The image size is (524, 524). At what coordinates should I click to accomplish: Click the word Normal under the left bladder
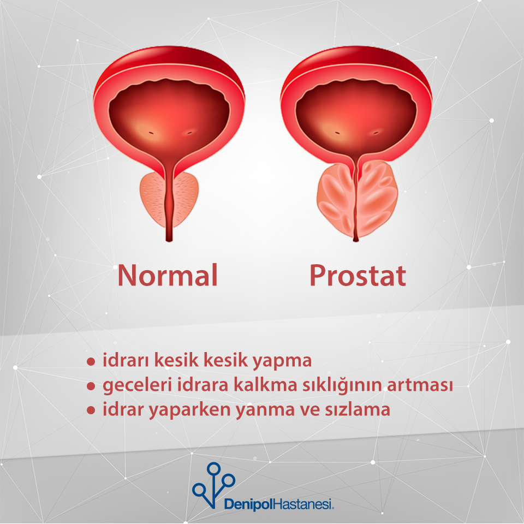(168, 275)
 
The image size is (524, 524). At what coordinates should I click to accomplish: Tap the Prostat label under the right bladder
(358, 276)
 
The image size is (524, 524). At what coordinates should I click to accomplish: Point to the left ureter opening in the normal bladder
(151, 133)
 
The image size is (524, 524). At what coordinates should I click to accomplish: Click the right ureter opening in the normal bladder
(190, 133)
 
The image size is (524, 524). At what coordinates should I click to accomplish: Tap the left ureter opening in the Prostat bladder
(337, 133)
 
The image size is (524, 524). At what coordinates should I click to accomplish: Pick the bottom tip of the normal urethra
(169, 241)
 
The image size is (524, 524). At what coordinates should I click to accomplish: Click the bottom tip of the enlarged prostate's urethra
(356, 241)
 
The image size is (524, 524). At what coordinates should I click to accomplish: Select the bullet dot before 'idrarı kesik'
(91, 361)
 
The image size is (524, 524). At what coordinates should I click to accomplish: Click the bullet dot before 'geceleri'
(91, 386)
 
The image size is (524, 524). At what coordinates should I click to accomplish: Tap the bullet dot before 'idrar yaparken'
(91, 410)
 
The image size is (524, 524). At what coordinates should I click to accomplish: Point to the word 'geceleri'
(138, 385)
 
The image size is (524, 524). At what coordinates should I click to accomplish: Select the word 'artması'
(420, 385)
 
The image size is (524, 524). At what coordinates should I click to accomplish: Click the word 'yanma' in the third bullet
(265, 410)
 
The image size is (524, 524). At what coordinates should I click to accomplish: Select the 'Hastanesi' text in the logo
(303, 504)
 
